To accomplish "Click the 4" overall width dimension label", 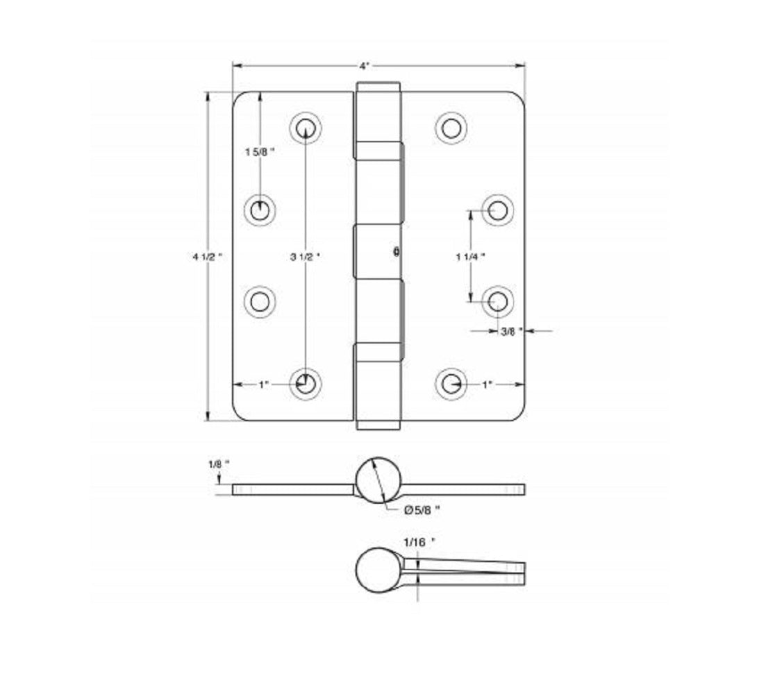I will (364, 66).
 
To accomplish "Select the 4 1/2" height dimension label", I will (208, 256).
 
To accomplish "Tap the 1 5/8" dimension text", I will (260, 152).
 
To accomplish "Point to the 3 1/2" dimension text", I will (305, 256).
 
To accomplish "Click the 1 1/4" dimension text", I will (470, 256).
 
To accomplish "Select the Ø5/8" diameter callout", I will (422, 509).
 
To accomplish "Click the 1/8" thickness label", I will (217, 463).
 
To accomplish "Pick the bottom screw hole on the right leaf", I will (451, 382).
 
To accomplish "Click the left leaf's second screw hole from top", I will (260, 209).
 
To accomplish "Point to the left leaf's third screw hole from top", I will (260, 302).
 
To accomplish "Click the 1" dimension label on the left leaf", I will (263, 384).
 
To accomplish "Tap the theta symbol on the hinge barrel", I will (396, 253).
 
